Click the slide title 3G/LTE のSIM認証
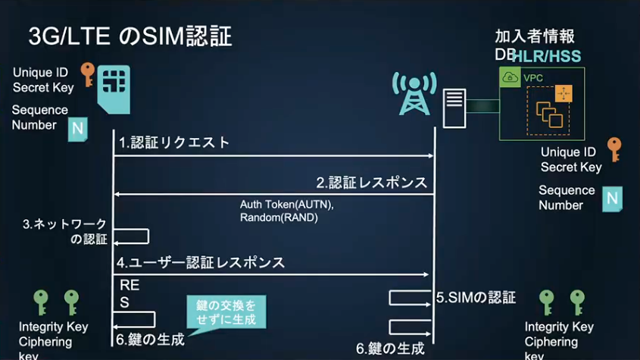130,36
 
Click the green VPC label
533,77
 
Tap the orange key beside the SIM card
88,74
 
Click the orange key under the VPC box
613,149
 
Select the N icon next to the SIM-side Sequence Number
77,129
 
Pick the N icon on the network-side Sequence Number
612,199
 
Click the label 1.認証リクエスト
173,142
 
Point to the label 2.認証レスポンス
372,183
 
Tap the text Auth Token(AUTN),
287,205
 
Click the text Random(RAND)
279,218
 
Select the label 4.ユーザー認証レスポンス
201,263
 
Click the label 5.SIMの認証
476,297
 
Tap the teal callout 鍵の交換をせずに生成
226,311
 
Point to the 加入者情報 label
535,36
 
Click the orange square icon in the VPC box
564,93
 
